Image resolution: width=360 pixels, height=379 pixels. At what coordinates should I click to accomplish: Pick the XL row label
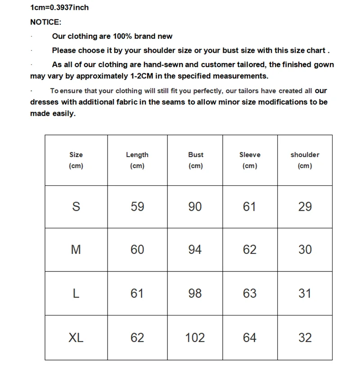(76, 338)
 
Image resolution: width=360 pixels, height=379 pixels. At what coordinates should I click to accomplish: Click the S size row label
(76, 207)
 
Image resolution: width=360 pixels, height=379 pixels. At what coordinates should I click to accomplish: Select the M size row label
(76, 250)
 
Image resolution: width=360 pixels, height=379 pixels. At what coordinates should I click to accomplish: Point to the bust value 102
(195, 338)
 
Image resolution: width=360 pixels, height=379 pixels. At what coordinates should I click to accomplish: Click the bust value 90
(195, 207)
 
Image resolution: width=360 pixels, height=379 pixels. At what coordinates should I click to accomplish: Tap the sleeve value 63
(250, 293)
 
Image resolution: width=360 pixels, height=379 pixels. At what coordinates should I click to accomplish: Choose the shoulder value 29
(305, 207)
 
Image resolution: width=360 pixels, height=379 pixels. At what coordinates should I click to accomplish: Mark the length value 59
(137, 207)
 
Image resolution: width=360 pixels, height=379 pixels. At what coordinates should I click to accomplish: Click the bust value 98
(195, 293)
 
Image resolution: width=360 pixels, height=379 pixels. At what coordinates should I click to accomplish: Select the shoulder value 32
(305, 338)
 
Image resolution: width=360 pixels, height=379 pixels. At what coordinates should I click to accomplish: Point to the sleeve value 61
(250, 207)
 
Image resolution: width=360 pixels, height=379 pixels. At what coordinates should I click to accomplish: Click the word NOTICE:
(45, 22)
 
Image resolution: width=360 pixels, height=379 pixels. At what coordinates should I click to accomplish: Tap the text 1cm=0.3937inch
(59, 8)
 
